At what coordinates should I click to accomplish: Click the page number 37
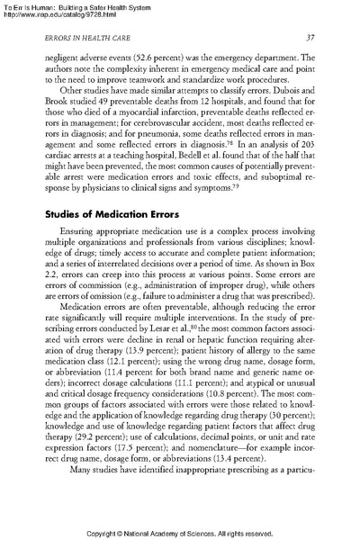308,37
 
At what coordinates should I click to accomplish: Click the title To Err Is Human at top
36,6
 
